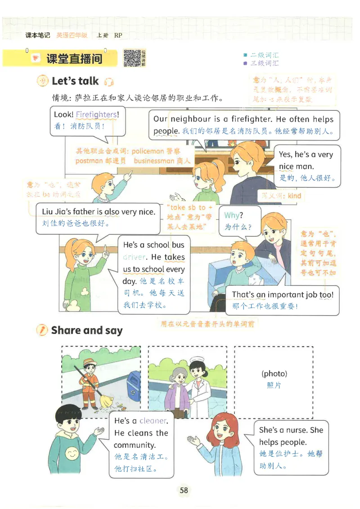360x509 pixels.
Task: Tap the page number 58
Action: tap(183, 490)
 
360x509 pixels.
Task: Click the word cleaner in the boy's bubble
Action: tap(153, 421)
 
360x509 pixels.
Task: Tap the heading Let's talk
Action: tap(75, 81)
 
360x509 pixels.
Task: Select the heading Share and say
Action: tap(87, 330)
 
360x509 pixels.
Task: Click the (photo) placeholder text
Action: tap(274, 374)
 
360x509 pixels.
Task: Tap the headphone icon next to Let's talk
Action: tap(108, 82)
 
